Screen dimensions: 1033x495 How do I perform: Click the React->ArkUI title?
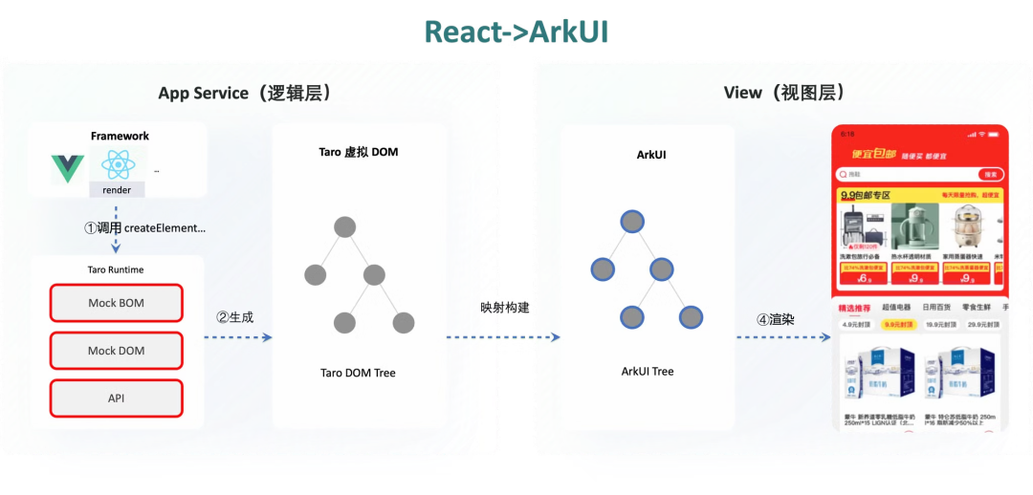point(516,32)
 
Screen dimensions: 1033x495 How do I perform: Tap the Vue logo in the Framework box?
point(68,169)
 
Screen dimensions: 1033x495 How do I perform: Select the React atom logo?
point(117,165)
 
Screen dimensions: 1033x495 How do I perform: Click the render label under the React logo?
point(117,190)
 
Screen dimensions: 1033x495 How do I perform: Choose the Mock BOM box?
point(116,303)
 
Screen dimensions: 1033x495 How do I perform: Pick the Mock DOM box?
point(116,351)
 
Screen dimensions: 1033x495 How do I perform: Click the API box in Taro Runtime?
point(116,398)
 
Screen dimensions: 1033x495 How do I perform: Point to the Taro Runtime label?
point(116,269)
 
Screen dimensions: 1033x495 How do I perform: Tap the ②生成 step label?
point(235,317)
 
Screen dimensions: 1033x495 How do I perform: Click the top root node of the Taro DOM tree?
point(344,227)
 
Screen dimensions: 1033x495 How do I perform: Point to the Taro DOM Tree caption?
point(358,373)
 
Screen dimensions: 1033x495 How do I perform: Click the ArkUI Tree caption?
point(648,371)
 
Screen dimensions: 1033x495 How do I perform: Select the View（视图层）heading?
point(783,93)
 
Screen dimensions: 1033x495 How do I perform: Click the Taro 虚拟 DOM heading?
point(359,153)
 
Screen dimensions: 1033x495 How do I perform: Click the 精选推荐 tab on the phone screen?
point(854,308)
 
